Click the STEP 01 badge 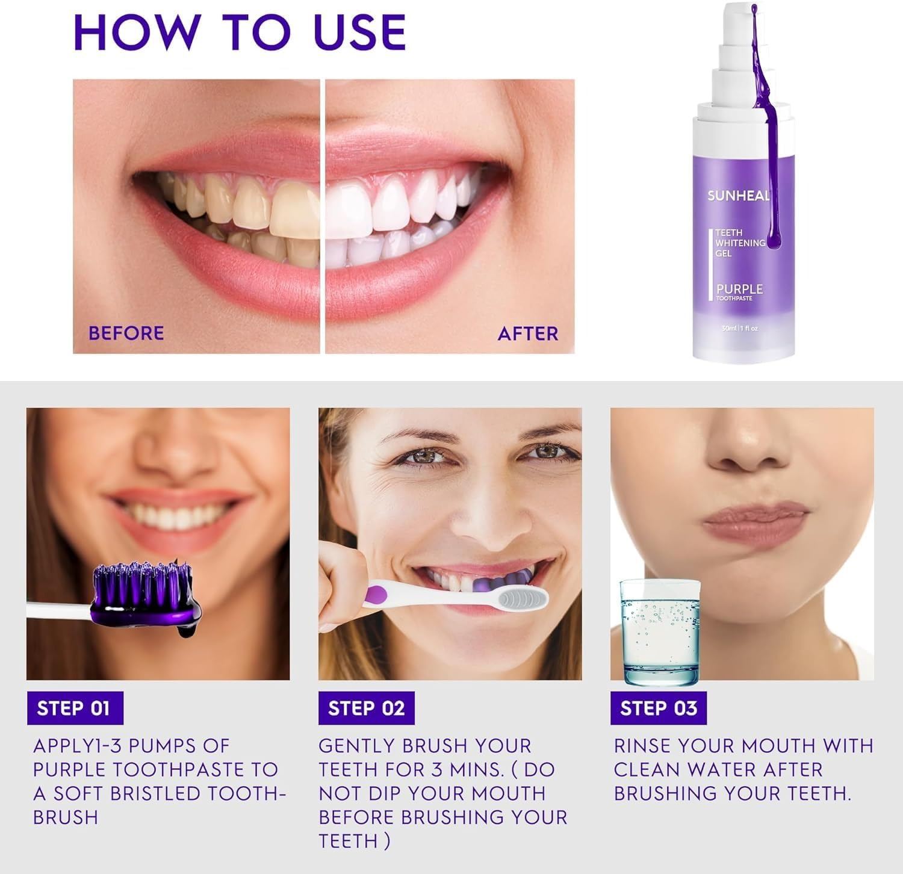(75, 708)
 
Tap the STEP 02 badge (366, 708)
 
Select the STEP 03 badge (659, 708)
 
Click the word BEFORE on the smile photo (126, 333)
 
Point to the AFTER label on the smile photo (528, 333)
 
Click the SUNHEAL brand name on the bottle (739, 196)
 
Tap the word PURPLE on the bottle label (739, 290)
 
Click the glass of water (660, 632)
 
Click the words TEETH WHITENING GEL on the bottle (740, 243)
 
